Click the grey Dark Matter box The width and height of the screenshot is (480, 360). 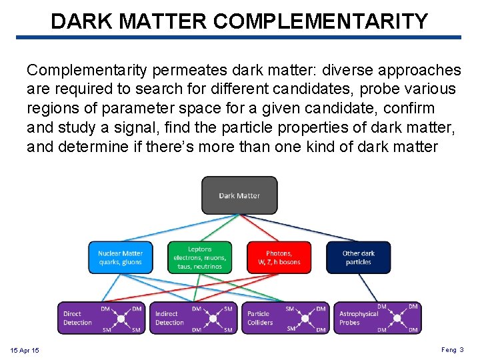(x=239, y=195)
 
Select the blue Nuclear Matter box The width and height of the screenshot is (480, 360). (x=120, y=257)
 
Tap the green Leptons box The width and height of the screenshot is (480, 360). (x=199, y=257)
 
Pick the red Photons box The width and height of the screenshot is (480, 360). (x=279, y=257)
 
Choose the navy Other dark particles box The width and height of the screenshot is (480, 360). (x=358, y=257)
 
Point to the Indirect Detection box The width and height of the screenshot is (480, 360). (x=194, y=318)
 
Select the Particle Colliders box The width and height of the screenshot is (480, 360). (x=285, y=318)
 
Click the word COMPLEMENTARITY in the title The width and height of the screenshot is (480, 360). (x=321, y=21)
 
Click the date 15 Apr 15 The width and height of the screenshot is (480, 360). (x=25, y=350)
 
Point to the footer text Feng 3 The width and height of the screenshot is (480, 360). (x=452, y=349)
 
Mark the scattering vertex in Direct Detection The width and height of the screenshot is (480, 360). (x=121, y=319)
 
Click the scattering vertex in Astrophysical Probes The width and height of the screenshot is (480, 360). (x=397, y=318)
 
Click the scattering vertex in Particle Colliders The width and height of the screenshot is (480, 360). (x=305, y=318)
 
